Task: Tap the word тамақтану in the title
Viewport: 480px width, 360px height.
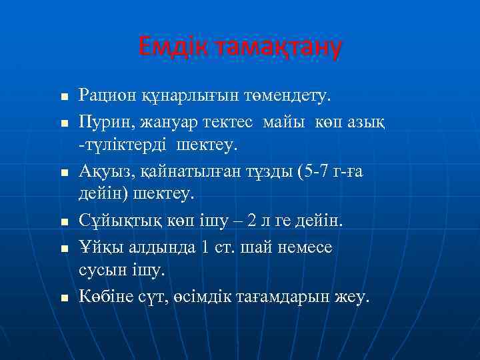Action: pos(275,47)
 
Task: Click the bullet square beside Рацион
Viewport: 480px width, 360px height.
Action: pos(64,98)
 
